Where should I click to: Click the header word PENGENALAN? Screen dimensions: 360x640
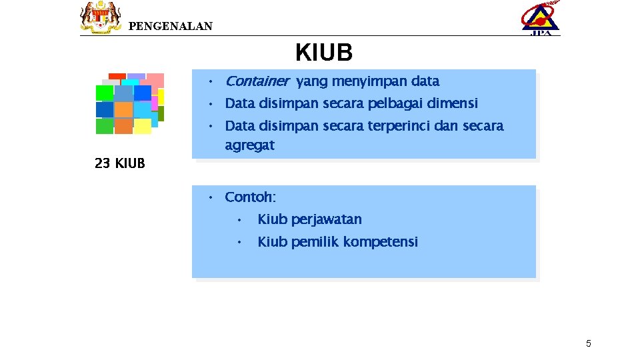click(x=170, y=27)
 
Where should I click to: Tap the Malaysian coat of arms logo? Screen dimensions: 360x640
click(x=101, y=17)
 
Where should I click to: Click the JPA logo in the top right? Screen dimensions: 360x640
click(x=540, y=18)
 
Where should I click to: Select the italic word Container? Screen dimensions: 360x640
click(x=257, y=81)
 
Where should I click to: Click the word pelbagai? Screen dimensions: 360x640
click(x=391, y=104)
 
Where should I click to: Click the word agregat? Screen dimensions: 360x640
click(x=249, y=145)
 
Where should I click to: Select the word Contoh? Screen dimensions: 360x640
click(x=250, y=197)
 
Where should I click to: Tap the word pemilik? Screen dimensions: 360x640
click(x=312, y=242)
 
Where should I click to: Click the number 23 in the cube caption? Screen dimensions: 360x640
click(x=102, y=163)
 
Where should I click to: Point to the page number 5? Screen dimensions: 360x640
click(x=588, y=344)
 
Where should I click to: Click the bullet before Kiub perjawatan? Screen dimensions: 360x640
click(x=239, y=219)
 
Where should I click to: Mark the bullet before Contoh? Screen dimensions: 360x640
click(x=209, y=197)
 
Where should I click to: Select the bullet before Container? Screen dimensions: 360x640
click(x=209, y=81)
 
